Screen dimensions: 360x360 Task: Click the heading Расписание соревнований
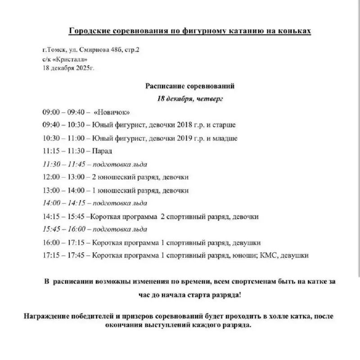pos(190,85)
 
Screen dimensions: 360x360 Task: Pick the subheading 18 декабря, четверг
pos(190,98)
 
